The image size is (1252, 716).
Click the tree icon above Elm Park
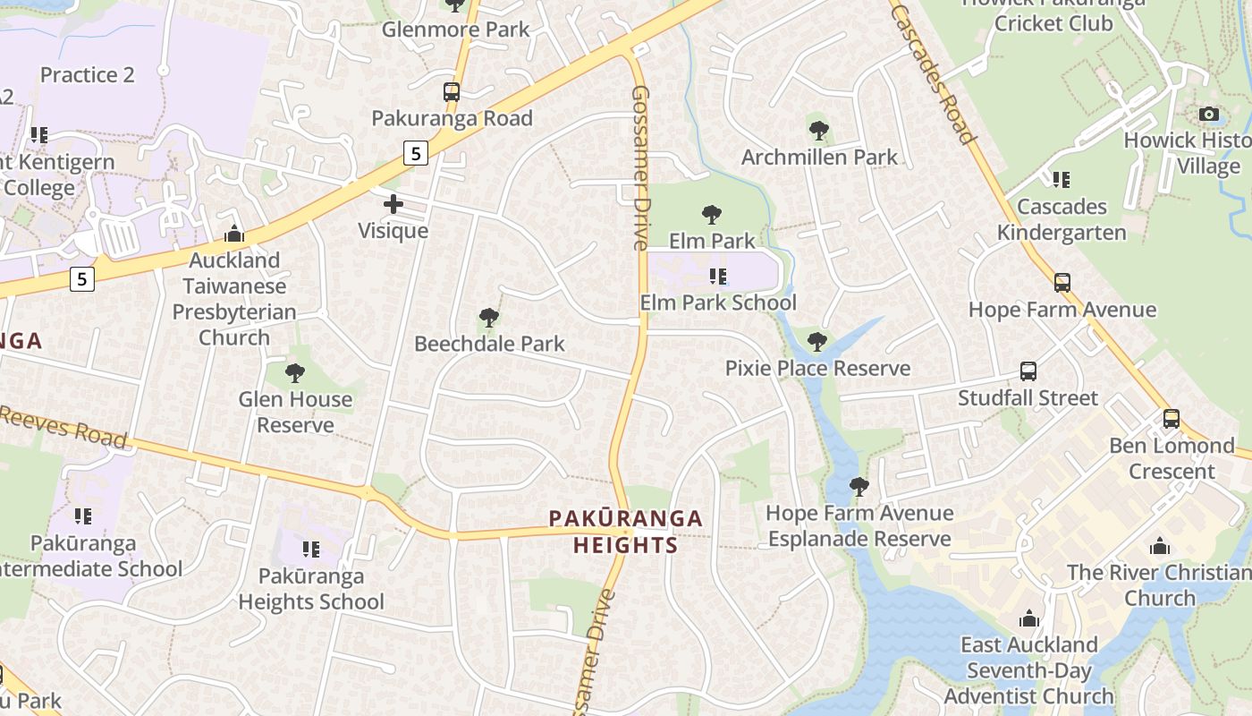pos(712,214)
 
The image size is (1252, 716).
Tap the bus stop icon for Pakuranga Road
pos(452,92)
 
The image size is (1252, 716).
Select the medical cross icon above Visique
pos(393,204)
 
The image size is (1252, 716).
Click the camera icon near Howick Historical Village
pos(1208,114)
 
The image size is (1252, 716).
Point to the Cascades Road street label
pos(932,72)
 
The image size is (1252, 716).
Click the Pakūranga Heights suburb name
pos(625,532)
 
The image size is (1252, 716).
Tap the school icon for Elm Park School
pos(717,276)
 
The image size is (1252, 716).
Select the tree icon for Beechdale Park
pos(488,317)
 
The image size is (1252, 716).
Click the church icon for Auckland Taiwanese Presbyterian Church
pos(234,234)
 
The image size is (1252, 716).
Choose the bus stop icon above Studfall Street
pos(1028,371)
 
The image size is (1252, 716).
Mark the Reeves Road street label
pos(63,426)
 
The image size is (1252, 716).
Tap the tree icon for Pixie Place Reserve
pos(816,341)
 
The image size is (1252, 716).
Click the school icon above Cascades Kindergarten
pos(1062,180)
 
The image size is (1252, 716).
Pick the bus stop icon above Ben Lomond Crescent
pos(1171,419)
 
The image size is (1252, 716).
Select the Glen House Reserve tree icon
pos(295,372)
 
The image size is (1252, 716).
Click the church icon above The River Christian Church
pos(1160,546)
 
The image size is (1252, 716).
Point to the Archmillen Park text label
pos(819,158)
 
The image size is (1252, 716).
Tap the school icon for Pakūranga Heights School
pos(310,549)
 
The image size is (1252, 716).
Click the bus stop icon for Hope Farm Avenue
pos(1062,283)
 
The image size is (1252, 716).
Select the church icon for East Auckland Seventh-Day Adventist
pos(1029,618)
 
